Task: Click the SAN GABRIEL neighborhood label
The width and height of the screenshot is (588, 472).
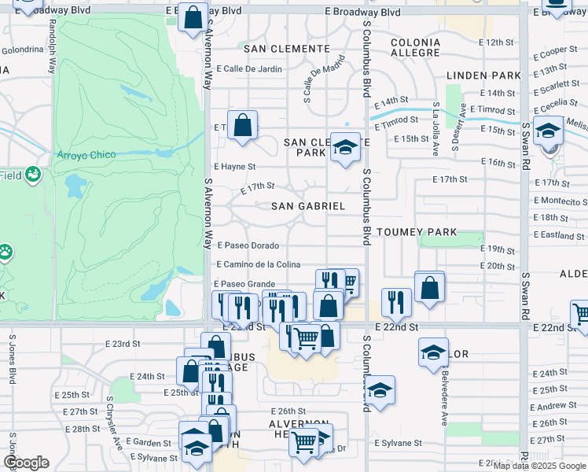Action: [x=308, y=206]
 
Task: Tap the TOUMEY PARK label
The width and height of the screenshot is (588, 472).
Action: [x=415, y=233]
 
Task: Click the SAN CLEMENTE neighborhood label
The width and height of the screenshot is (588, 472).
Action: [x=286, y=49]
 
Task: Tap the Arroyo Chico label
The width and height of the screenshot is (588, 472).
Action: [x=86, y=156]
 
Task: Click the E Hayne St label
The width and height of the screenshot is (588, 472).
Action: [x=235, y=167]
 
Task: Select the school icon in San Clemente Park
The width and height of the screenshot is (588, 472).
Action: [x=344, y=146]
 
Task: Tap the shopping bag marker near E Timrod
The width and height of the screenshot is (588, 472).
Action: [x=243, y=124]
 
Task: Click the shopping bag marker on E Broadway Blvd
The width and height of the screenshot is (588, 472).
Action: [x=192, y=17]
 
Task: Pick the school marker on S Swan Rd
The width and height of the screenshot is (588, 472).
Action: [x=548, y=129]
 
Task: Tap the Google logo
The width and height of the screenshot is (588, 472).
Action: [x=26, y=463]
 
